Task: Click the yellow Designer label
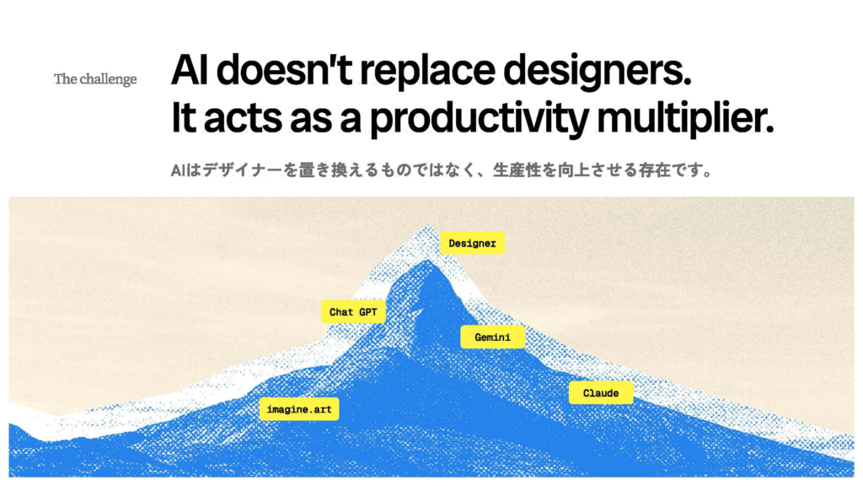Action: [472, 243]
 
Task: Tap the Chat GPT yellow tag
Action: [353, 312]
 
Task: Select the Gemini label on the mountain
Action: [492, 337]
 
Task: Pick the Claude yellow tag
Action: [601, 393]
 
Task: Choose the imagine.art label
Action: [299, 409]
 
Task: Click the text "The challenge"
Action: [95, 79]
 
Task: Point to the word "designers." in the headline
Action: [598, 72]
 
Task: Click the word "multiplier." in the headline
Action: [685, 118]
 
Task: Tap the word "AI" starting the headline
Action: [190, 70]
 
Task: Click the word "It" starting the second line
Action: [184, 118]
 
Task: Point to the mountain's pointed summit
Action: [427, 226]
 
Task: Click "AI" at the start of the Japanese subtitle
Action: [177, 170]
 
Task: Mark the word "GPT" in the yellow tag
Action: [367, 312]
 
